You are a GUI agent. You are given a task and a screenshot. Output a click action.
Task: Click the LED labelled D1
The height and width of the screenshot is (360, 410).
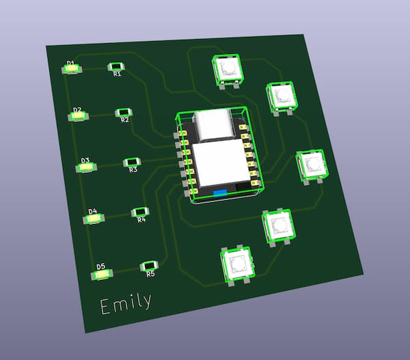[x=72, y=69]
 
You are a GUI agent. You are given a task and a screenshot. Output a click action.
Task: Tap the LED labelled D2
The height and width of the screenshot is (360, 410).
[x=78, y=116]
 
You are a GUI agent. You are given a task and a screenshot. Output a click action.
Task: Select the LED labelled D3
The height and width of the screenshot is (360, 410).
[x=86, y=167]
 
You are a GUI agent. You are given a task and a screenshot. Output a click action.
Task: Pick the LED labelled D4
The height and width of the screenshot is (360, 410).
[x=94, y=219]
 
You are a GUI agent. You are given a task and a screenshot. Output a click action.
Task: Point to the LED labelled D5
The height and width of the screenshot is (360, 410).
[x=102, y=275]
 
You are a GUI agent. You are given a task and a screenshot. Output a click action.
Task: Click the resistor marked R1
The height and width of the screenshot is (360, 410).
[x=116, y=67]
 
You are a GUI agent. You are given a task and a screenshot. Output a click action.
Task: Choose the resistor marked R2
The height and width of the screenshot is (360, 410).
[x=124, y=113]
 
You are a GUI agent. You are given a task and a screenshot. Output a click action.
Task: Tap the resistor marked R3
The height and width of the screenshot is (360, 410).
[x=132, y=163]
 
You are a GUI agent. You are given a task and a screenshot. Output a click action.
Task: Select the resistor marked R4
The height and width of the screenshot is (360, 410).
[x=140, y=212]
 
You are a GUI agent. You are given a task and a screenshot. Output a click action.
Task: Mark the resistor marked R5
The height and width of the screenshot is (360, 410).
[x=149, y=266]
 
